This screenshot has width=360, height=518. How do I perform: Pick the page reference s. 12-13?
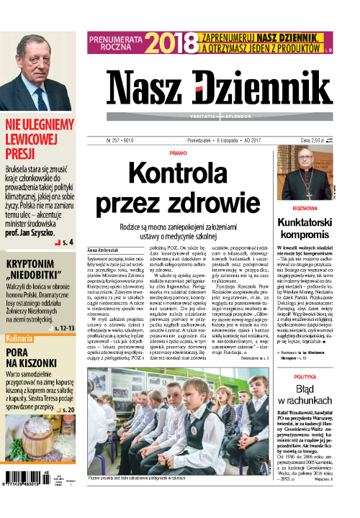click(x=63, y=308)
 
